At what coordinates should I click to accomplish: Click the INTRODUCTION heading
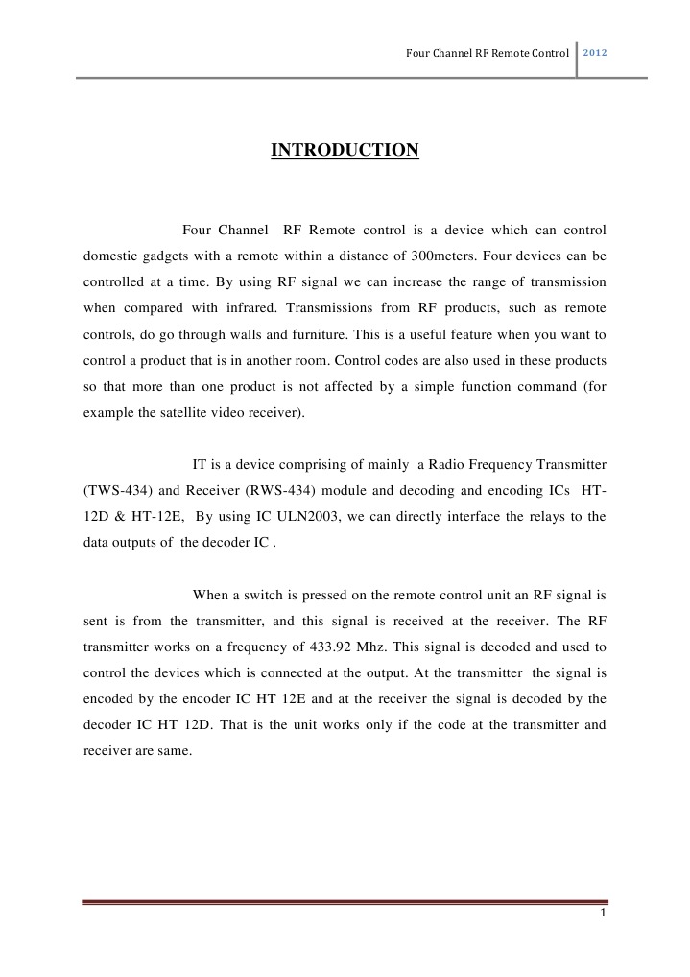click(x=345, y=150)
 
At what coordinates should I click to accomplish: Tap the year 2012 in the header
click(x=596, y=52)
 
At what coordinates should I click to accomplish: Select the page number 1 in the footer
click(x=602, y=913)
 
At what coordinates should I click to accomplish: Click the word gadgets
click(x=170, y=256)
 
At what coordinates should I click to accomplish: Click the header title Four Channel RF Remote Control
click(x=488, y=52)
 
